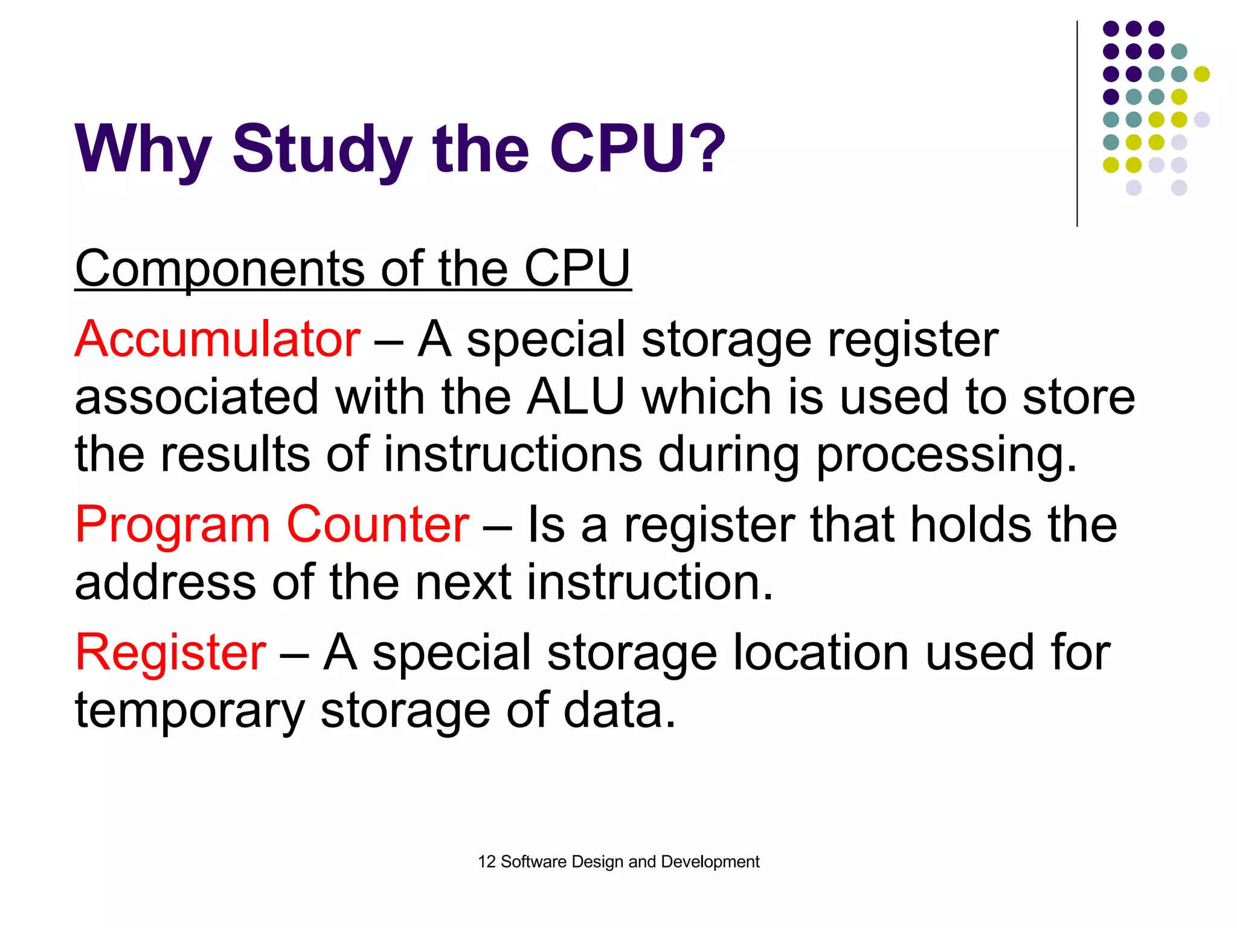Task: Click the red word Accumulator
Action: click(x=217, y=339)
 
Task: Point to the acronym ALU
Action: click(x=575, y=397)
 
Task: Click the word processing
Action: click(x=946, y=454)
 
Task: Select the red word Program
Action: click(x=172, y=524)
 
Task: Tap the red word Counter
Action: click(x=378, y=524)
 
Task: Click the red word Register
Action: click(x=170, y=652)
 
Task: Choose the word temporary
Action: click(x=190, y=710)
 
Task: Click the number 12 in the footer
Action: click(x=486, y=862)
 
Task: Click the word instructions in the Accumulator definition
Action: click(x=513, y=454)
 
